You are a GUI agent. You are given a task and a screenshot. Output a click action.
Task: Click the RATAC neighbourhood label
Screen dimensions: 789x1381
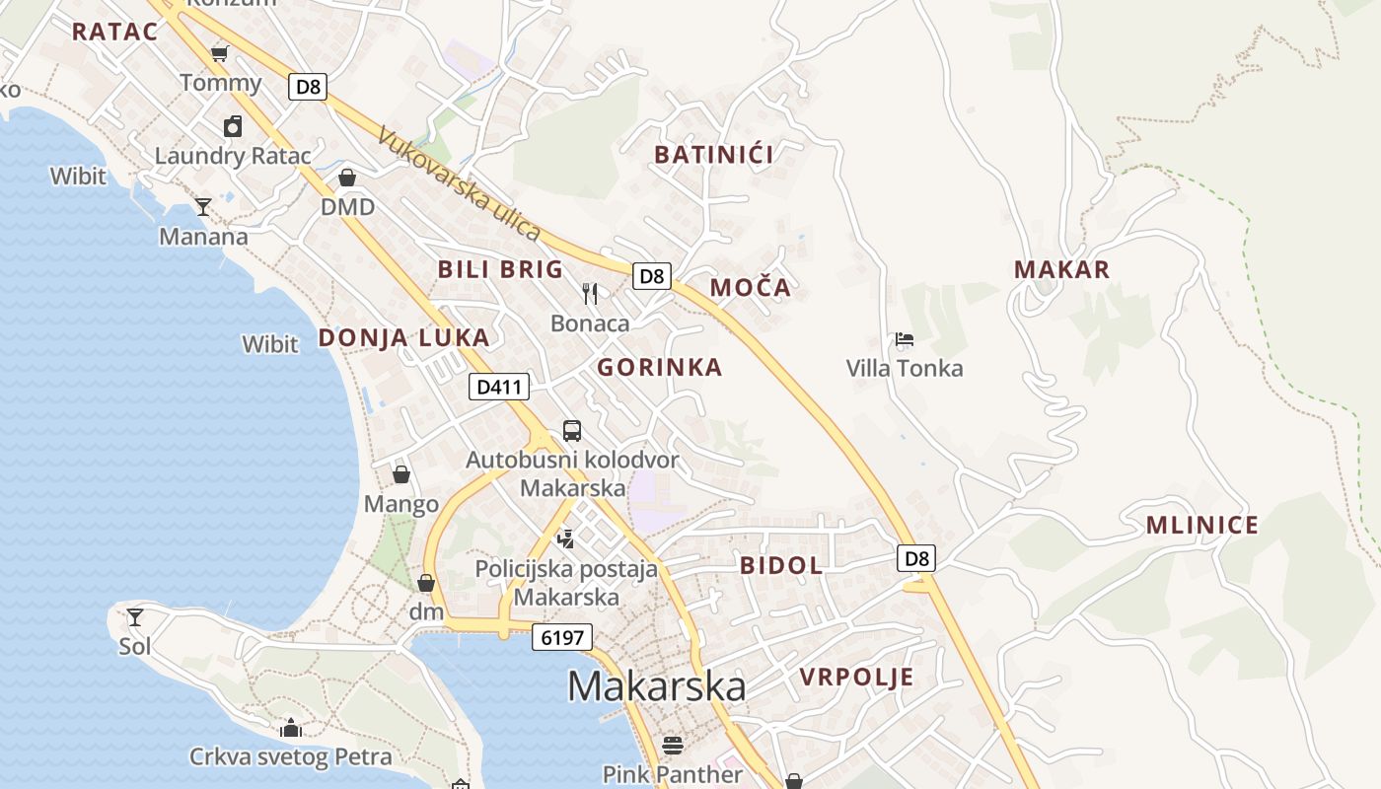114,32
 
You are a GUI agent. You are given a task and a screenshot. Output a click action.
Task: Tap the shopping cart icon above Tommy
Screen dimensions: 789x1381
219,54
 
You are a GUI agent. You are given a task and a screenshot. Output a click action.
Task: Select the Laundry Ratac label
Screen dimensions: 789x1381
233,156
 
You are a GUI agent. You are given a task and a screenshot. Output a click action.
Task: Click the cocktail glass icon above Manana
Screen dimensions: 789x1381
203,206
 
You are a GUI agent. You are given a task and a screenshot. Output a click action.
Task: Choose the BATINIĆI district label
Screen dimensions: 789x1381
714,154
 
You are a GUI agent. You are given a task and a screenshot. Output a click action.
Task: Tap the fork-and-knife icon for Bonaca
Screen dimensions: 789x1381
590,293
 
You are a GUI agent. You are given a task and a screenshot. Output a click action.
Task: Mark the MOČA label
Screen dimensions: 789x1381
751,288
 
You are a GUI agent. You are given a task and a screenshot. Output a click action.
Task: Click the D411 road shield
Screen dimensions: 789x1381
498,388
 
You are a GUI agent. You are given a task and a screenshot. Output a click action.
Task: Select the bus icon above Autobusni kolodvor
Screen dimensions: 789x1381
572,431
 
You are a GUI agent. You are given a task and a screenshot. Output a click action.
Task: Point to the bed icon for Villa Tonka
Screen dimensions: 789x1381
905,340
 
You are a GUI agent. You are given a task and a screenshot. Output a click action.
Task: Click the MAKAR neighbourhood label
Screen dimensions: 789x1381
1062,269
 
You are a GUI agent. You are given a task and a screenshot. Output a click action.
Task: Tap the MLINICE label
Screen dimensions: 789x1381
1202,526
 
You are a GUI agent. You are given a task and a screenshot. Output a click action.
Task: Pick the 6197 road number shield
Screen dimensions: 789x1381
562,637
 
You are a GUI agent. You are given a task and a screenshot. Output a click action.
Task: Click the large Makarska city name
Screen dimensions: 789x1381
656,686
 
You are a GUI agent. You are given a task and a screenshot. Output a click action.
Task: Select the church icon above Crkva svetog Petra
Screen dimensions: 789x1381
291,729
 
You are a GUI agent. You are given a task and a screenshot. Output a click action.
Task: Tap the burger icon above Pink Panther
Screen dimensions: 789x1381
673,745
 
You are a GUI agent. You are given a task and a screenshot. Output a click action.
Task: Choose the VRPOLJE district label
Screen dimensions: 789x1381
856,678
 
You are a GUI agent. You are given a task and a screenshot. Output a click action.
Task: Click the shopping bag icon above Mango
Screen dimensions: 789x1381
401,475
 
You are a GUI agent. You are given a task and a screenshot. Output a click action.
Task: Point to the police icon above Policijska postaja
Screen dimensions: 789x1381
565,538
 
